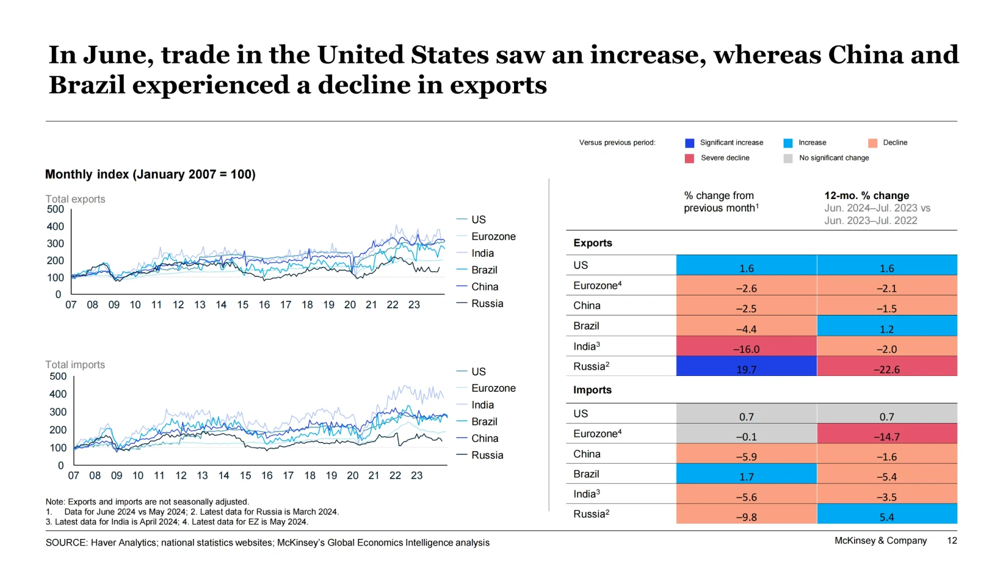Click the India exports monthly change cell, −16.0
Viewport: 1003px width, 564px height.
click(746, 346)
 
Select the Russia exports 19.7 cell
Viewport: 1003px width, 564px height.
click(746, 367)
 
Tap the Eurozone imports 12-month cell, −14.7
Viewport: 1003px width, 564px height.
click(887, 433)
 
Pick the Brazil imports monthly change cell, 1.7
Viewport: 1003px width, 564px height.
click(746, 474)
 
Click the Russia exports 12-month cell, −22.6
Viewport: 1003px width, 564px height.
click(887, 367)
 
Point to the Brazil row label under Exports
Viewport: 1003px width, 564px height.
click(586, 326)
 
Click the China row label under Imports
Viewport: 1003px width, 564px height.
click(587, 454)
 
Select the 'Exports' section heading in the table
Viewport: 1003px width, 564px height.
click(592, 243)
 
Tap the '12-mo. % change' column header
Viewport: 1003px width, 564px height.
click(867, 195)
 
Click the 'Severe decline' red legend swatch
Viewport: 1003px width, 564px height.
click(690, 158)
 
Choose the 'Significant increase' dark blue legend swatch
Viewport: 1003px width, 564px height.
click(690, 143)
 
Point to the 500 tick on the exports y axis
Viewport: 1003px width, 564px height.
click(55, 209)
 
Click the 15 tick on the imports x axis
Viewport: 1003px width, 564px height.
click(246, 476)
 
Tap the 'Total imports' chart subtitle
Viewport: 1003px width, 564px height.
click(75, 365)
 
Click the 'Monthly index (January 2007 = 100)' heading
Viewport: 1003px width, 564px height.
click(150, 174)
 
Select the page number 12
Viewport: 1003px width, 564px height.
click(952, 540)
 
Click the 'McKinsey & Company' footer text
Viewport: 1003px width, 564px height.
click(881, 540)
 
